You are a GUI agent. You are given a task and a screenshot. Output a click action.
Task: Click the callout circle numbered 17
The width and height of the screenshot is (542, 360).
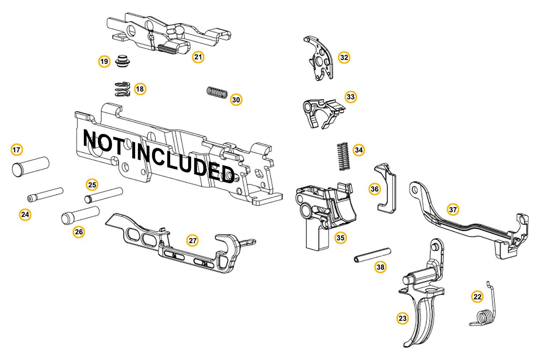click(17, 150)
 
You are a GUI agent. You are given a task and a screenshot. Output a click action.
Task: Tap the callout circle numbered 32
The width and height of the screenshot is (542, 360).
click(344, 57)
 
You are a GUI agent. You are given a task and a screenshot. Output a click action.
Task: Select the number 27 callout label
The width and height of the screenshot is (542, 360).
click(193, 241)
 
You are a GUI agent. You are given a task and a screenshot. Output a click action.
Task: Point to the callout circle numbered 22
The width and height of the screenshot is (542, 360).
click(477, 297)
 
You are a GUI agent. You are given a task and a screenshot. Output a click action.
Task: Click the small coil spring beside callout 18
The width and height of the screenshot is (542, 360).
click(122, 89)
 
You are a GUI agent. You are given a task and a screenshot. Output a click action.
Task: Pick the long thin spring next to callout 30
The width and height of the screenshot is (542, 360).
click(217, 93)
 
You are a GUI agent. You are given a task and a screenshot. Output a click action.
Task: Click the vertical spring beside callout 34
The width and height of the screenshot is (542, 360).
click(343, 156)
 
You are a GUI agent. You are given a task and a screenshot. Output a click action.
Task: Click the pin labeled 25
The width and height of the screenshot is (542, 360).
click(104, 195)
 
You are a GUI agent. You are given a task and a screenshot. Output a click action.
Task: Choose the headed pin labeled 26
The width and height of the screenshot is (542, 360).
click(80, 215)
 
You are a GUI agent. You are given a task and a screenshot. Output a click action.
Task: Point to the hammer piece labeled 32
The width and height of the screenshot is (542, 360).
click(319, 58)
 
